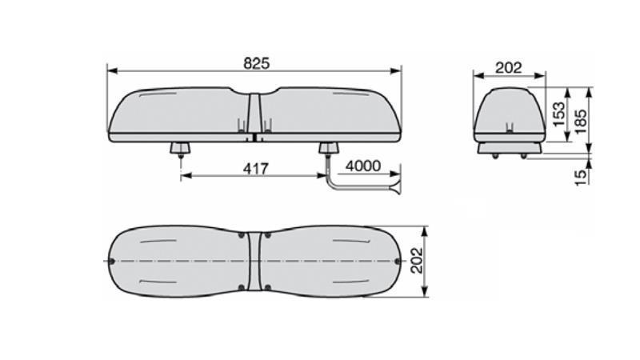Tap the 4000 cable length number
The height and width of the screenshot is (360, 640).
363,166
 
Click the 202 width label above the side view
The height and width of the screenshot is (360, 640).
509,68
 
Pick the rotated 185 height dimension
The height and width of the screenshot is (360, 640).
581,116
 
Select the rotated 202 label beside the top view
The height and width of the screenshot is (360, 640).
417,261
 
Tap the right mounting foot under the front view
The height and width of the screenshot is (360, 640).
328,149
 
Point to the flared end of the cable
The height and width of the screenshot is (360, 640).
394,189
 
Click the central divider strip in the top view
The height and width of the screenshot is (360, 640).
254,261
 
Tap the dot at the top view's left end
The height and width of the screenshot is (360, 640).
112,262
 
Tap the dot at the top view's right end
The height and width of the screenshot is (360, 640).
398,262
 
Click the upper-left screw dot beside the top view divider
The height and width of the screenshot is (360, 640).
243,236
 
